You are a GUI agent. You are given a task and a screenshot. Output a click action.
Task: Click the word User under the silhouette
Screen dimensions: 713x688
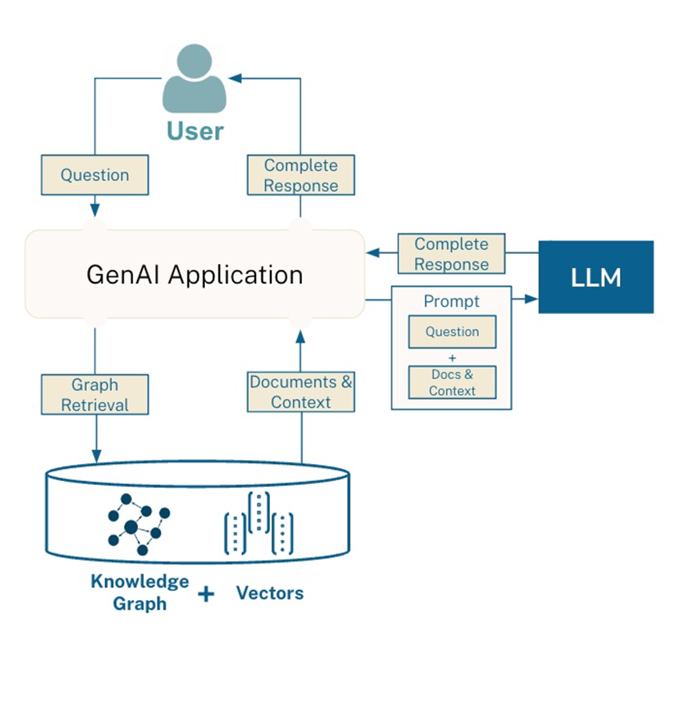click(194, 130)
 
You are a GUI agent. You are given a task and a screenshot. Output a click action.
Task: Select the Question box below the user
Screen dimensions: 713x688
click(95, 175)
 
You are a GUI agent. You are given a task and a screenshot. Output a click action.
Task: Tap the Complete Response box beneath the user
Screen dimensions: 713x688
click(301, 175)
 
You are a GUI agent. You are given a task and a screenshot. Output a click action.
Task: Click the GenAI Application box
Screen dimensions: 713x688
click(194, 274)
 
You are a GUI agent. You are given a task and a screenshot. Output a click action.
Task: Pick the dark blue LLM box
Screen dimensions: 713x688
click(596, 277)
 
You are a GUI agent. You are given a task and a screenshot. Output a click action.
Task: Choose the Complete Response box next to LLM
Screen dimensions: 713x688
click(451, 254)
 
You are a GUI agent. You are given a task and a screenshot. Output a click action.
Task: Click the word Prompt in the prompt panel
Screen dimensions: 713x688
click(451, 301)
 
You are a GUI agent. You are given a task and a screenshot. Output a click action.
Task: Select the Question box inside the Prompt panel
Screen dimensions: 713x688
click(452, 331)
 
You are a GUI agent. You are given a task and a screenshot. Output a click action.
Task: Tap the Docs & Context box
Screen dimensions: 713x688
click(452, 382)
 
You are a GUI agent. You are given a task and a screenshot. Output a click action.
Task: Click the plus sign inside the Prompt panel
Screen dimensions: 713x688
click(452, 357)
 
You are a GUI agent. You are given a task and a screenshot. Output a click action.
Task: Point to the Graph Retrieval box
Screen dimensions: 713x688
click(95, 395)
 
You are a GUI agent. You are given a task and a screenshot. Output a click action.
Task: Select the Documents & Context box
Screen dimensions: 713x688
click(301, 392)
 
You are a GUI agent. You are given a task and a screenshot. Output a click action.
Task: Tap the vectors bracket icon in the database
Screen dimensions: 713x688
click(259, 523)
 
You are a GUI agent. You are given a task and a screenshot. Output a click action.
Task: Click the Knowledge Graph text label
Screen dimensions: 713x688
click(139, 592)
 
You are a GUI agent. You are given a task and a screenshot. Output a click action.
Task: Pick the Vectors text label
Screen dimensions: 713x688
click(269, 593)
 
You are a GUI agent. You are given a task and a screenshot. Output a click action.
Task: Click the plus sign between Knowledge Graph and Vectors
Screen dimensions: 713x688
click(205, 595)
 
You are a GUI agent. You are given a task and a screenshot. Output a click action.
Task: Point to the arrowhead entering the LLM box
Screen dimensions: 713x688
click(532, 299)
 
